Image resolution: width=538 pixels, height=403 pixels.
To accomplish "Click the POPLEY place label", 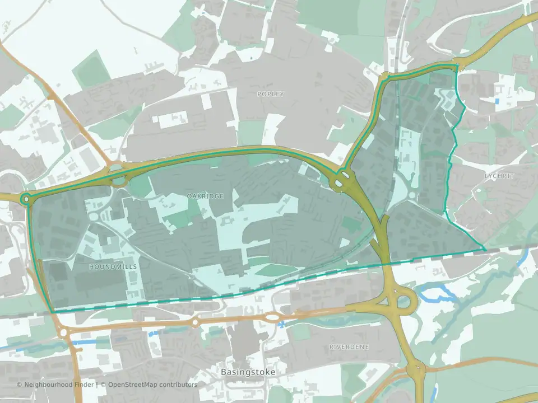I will pyautogui.click(x=271, y=94).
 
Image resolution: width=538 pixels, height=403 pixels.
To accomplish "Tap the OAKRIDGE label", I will pyautogui.click(x=205, y=196).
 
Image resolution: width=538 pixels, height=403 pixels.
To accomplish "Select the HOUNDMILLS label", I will pyautogui.click(x=113, y=268).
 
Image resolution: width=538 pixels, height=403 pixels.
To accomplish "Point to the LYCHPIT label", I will pyautogui.click(x=499, y=176).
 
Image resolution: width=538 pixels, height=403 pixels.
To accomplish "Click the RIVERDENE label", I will pyautogui.click(x=349, y=347).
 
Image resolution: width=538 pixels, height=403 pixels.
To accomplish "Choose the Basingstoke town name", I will pyautogui.click(x=245, y=372).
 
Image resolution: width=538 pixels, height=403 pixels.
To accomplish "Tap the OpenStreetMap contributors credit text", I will pyautogui.click(x=152, y=385).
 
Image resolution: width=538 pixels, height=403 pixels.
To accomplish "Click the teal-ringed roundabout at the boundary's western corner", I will pyautogui.click(x=26, y=198).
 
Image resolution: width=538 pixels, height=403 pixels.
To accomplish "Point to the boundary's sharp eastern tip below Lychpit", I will pyautogui.click(x=484, y=249).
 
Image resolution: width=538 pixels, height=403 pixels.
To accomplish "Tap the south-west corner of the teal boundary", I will pyautogui.click(x=52, y=312).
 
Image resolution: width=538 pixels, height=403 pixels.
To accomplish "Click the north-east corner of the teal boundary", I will pyautogui.click(x=457, y=66).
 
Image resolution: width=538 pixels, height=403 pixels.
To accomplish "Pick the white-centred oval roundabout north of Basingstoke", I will pyautogui.click(x=272, y=317).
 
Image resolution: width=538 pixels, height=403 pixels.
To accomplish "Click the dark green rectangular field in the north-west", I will pyautogui.click(x=90, y=70).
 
